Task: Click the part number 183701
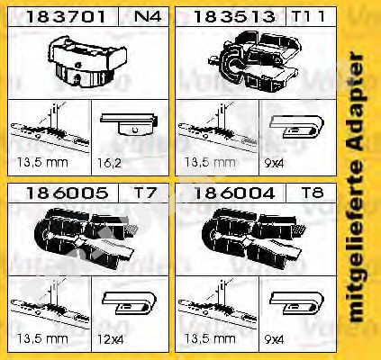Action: pos(66,17)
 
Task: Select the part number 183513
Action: pos(234,17)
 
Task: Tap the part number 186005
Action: pos(67,193)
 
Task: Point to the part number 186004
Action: pos(234,193)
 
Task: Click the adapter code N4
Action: pos(148,16)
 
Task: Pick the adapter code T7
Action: pos(145,193)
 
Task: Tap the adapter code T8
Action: pos(313,193)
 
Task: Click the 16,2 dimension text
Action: pos(109,163)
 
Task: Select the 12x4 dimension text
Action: pos(110,339)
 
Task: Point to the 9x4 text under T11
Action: pos(274,163)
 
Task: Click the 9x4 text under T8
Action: pos(274,339)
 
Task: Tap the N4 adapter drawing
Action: pos(87,62)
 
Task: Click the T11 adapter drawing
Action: pos(255,61)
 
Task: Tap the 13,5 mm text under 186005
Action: pos(42,339)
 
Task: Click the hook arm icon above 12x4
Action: pos(130,303)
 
